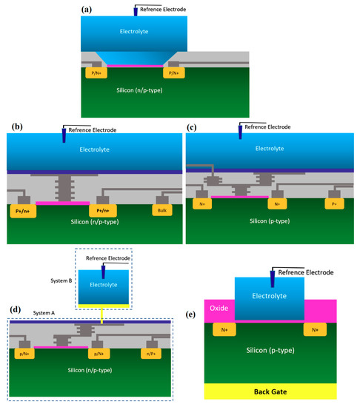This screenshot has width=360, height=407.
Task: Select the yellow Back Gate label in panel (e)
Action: pyautogui.click(x=270, y=388)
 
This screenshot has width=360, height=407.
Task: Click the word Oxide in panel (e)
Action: pyautogui.click(x=219, y=307)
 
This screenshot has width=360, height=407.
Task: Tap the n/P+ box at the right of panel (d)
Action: pyautogui.click(x=154, y=354)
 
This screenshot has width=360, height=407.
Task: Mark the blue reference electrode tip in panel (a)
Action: pyautogui.click(x=136, y=12)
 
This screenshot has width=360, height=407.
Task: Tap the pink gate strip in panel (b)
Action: pyautogui.click(x=62, y=201)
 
